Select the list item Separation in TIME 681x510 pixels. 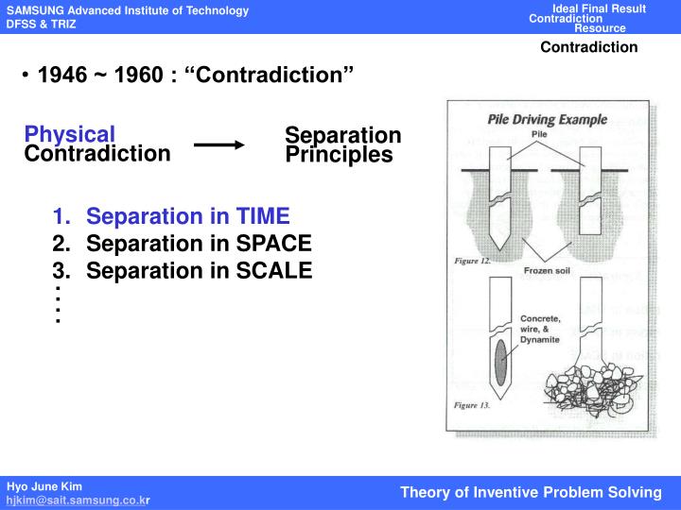187,215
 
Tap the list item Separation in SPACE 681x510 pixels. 199,244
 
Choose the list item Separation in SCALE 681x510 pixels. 199,271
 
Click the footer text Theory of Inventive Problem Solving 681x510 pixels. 531,492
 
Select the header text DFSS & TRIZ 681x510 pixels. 42,24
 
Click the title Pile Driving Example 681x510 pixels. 547,120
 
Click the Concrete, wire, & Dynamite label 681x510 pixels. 541,329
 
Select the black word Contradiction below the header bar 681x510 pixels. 589,47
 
